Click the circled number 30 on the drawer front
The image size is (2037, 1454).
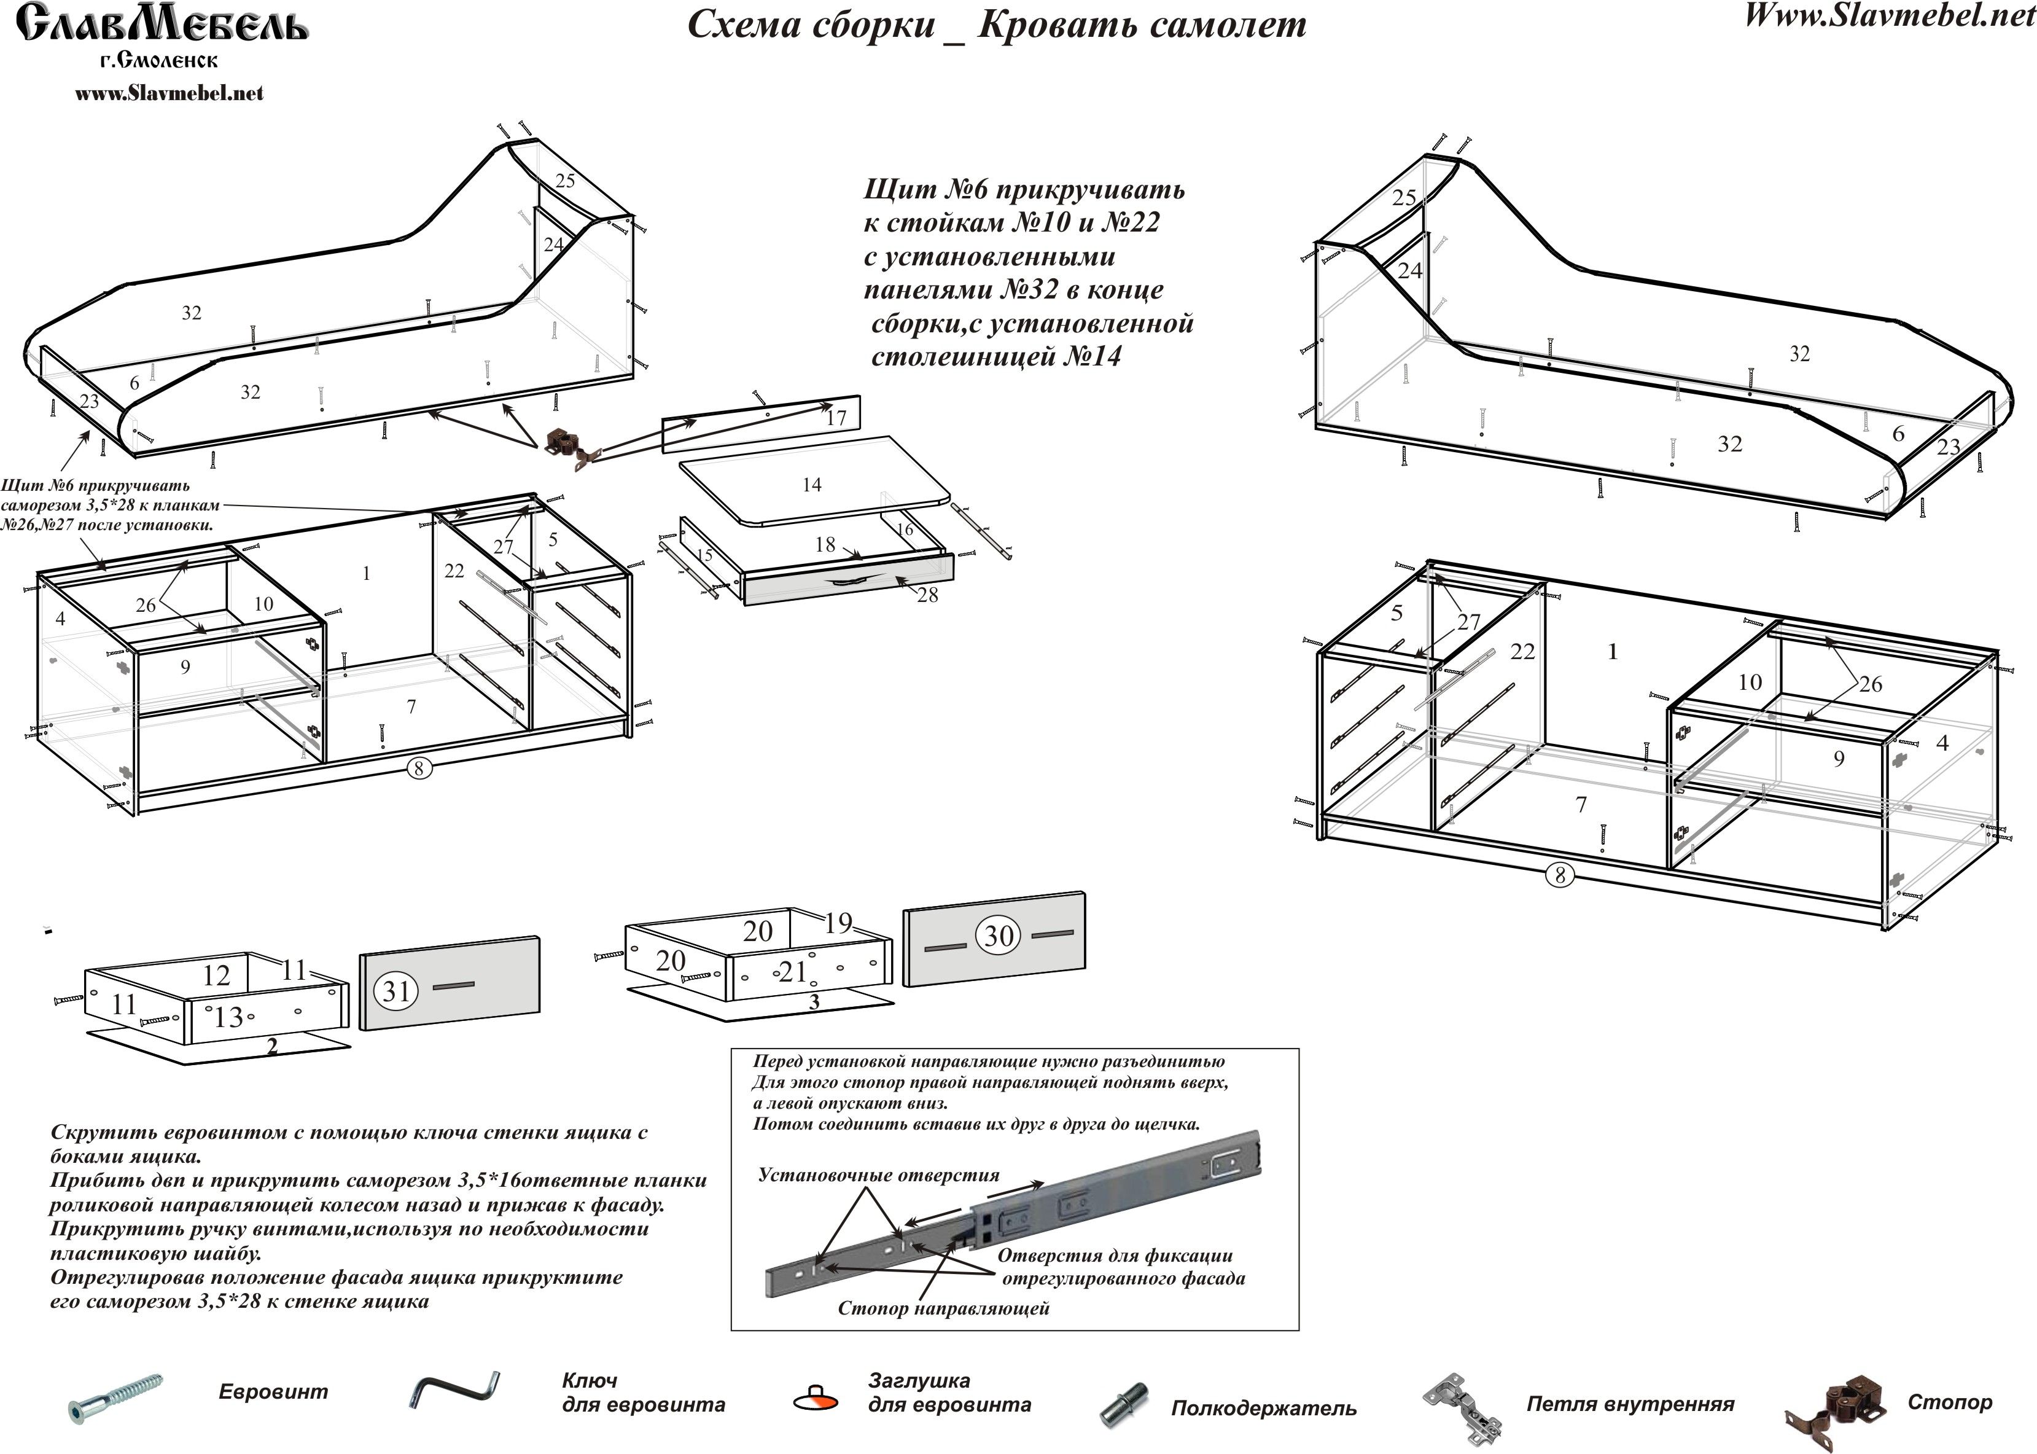998,936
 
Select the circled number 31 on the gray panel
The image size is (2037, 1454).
395,991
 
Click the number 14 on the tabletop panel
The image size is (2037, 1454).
812,485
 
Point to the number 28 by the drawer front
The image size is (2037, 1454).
927,595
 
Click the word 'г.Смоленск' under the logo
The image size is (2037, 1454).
158,61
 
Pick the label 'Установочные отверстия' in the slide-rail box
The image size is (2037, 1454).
879,1175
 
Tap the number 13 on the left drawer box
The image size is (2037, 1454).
228,1016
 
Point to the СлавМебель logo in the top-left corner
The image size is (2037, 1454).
163,24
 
